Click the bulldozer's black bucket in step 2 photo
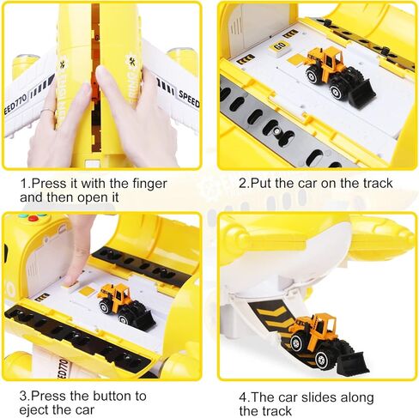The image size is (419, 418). (359, 93)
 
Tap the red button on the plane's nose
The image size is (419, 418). (33, 219)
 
